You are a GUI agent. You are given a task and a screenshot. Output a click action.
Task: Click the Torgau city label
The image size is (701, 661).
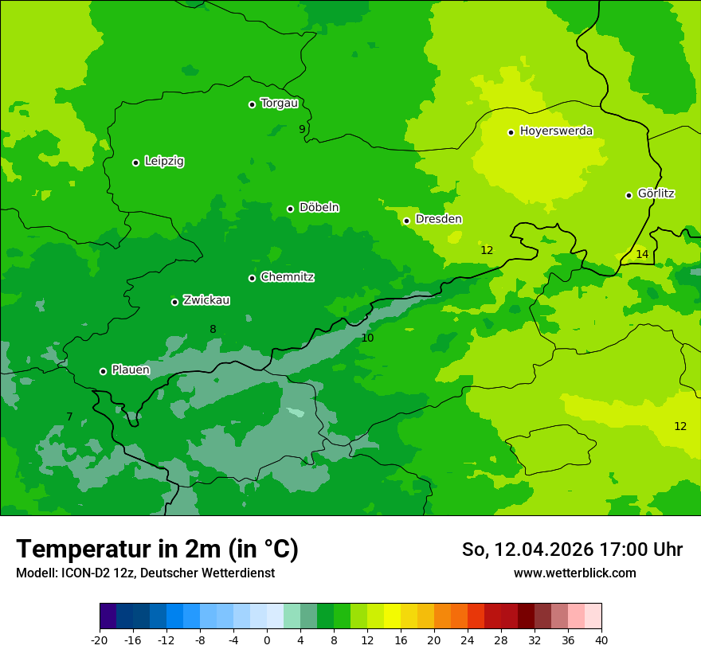click(x=279, y=104)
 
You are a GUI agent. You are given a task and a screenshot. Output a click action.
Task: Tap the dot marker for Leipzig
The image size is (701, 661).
click(x=135, y=162)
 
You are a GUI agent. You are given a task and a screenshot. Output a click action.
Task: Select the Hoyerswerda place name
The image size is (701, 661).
click(x=556, y=131)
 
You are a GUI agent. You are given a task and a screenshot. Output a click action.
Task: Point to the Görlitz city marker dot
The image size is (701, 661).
click(x=629, y=195)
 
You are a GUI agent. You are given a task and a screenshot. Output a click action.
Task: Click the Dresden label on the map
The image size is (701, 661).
click(x=438, y=219)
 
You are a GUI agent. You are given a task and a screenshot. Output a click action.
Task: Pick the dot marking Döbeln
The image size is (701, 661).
click(x=290, y=209)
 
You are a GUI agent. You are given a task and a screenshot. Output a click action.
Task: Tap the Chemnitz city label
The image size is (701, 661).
click(x=287, y=277)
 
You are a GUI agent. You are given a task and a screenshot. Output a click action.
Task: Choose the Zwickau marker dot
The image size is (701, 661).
click(x=174, y=302)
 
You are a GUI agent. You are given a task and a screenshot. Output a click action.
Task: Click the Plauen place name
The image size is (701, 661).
click(x=131, y=370)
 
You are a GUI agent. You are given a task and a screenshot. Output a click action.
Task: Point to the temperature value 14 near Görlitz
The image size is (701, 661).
click(x=642, y=255)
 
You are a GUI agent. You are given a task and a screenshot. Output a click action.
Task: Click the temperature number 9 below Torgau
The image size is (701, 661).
click(x=302, y=129)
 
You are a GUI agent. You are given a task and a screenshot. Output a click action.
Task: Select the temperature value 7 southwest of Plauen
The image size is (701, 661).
click(x=69, y=417)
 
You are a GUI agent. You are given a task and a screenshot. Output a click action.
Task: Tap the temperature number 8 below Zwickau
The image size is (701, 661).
click(x=213, y=330)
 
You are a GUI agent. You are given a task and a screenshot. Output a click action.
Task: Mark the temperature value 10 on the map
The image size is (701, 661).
click(x=367, y=338)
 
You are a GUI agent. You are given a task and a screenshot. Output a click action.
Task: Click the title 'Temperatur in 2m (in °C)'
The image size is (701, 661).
click(x=157, y=550)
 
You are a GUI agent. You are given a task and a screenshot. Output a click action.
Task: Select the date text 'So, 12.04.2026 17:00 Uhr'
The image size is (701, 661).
click(x=572, y=550)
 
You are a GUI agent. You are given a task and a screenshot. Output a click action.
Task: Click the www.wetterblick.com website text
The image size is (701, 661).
click(x=574, y=573)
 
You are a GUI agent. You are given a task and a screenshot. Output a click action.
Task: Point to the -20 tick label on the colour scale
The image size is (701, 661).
click(x=100, y=640)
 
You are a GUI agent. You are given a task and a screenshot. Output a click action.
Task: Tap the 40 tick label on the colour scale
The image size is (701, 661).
click(x=601, y=640)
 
